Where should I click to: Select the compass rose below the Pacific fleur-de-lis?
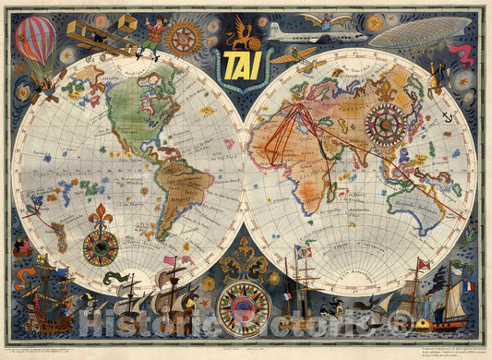[x=101, y=248]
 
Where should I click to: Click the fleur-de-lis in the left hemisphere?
[x=100, y=218]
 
